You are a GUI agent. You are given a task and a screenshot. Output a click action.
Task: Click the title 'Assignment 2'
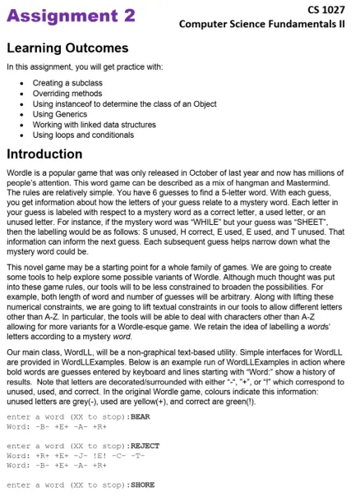tap(62, 16)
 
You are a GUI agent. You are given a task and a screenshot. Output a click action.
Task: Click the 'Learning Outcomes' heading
tap(67, 48)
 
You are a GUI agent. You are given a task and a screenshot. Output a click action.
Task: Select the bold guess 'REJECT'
tap(145, 446)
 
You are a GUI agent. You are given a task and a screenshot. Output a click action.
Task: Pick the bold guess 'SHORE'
tap(142, 485)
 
